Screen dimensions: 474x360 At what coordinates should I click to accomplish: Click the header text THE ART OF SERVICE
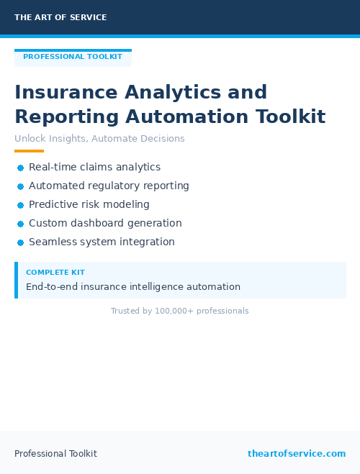tap(60, 17)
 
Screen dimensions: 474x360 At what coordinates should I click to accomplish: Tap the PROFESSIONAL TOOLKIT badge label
tap(73, 57)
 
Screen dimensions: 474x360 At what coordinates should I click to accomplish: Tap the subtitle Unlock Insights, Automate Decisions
tap(99, 139)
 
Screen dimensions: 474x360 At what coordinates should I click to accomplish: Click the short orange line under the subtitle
tap(29, 151)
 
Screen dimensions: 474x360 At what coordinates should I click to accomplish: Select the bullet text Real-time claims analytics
tap(94, 168)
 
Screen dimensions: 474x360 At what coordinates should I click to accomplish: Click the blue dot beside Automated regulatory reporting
tap(20, 186)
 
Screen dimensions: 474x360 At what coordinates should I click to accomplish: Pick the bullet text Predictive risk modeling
tap(89, 205)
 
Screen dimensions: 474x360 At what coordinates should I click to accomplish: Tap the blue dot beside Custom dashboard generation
tap(20, 224)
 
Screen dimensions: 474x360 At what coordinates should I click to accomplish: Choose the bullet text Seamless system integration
tap(102, 242)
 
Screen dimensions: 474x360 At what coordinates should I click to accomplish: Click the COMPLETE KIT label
tap(55, 273)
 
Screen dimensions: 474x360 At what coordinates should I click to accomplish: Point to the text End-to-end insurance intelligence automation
tap(133, 287)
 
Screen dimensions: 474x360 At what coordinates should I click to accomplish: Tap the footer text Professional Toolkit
tap(55, 454)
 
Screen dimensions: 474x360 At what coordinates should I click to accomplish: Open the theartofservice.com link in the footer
tap(297, 454)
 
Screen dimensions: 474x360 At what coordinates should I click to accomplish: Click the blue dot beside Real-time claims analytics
tap(20, 168)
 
